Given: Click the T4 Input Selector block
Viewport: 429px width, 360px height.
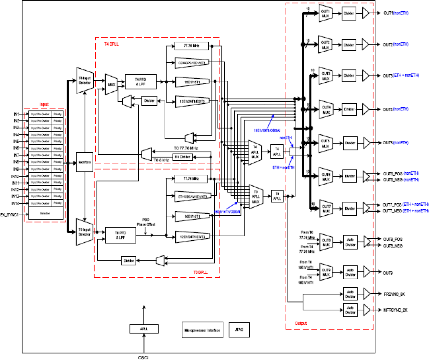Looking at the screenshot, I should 85,81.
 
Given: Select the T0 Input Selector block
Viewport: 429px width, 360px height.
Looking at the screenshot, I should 84,232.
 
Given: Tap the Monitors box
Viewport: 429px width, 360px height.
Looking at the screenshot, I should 84,162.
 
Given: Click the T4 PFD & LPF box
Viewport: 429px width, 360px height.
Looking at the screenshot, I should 140,82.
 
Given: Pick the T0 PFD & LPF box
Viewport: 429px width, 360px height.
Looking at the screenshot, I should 120,235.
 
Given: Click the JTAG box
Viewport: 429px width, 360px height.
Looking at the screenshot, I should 239,330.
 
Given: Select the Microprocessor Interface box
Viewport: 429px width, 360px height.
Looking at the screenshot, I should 202,330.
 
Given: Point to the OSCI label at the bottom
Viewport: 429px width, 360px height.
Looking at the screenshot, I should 143,358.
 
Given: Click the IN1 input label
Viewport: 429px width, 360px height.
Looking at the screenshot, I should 16,114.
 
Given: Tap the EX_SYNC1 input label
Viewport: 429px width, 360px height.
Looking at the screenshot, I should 9,215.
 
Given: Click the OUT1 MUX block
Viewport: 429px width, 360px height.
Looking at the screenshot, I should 326,13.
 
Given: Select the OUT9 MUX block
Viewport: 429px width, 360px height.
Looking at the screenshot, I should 326,272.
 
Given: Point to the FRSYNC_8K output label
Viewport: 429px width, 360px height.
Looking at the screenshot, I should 394,294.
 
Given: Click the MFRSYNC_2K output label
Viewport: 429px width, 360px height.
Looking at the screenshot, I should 395,310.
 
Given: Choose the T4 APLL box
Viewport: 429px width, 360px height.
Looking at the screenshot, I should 277,152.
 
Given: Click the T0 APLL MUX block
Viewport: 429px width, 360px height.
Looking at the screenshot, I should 256,197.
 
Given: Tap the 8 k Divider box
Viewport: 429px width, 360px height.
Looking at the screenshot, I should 182,157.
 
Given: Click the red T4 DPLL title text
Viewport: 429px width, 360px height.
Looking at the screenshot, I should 111,44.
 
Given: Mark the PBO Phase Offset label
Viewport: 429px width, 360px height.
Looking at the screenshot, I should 146,222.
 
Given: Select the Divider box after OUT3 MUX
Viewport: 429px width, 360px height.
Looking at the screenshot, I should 349,76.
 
